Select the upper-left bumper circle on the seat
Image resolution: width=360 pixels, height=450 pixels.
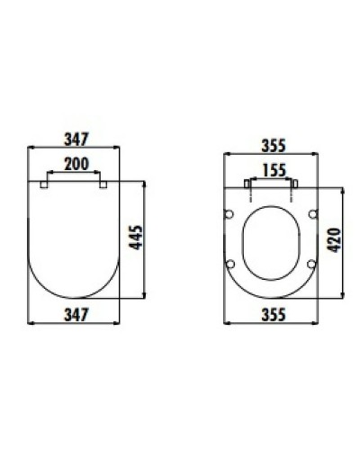230,214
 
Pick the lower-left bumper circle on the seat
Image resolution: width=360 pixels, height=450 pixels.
230,264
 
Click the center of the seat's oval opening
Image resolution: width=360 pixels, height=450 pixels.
270,238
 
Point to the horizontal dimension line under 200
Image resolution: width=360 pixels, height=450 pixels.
75,173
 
